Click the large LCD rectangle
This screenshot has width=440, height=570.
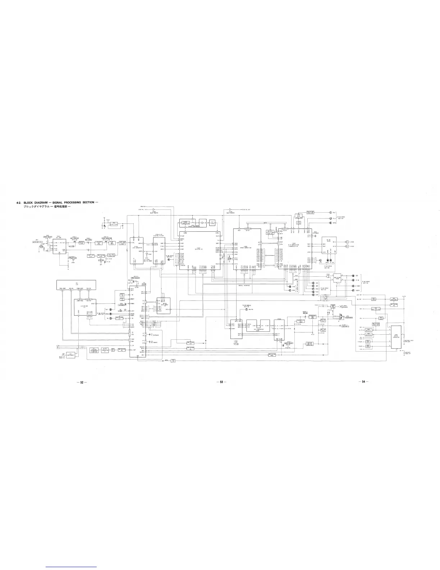click(76, 284)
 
